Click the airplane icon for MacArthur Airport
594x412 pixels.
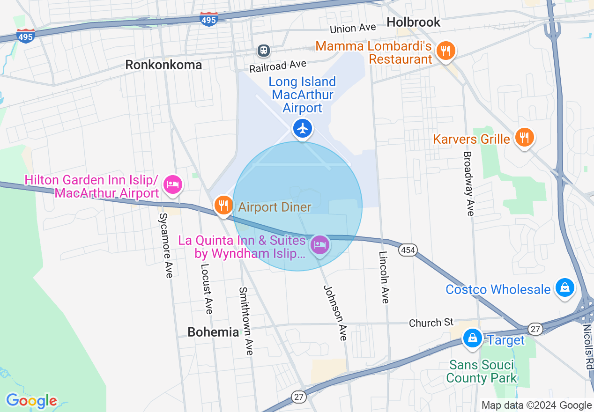303,128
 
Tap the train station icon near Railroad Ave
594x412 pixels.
264,50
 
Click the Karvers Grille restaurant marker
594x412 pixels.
524,137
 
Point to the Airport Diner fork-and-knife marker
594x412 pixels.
223,205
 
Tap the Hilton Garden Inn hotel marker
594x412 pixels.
173,184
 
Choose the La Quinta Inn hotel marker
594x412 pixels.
320,244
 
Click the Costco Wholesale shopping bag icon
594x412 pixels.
565,287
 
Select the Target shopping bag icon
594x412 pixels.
473,338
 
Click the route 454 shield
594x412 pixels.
408,250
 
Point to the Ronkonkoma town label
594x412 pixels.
163,65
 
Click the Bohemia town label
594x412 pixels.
213,332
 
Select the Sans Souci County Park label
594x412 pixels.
482,371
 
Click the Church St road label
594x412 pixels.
431,323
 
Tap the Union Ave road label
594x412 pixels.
353,29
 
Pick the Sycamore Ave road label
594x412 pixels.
166,245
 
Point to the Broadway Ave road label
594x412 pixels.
469,184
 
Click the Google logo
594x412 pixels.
31,401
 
